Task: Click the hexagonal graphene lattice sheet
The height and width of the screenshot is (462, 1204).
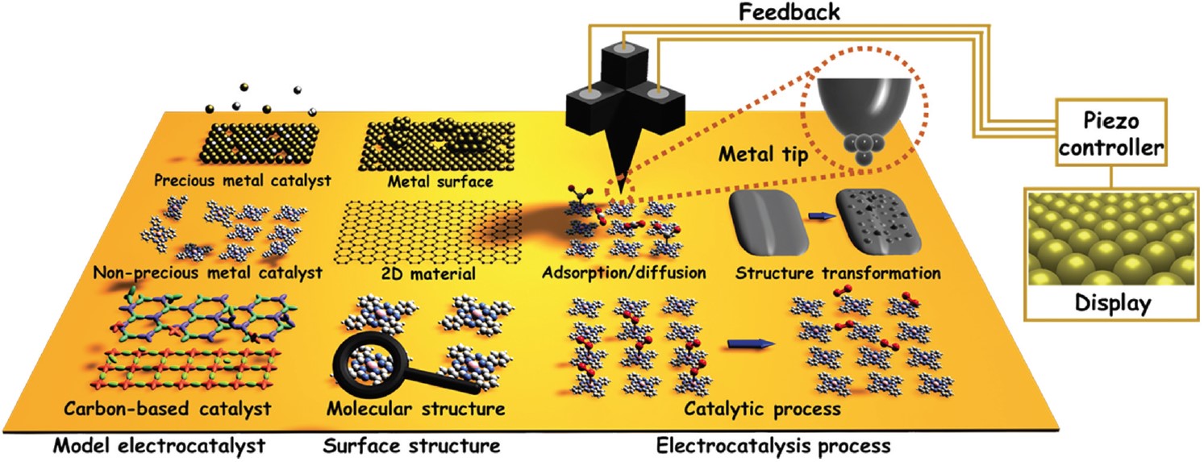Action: coord(427,231)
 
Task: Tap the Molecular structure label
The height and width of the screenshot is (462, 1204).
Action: coord(416,408)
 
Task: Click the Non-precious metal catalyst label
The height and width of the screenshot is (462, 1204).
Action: coord(208,273)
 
